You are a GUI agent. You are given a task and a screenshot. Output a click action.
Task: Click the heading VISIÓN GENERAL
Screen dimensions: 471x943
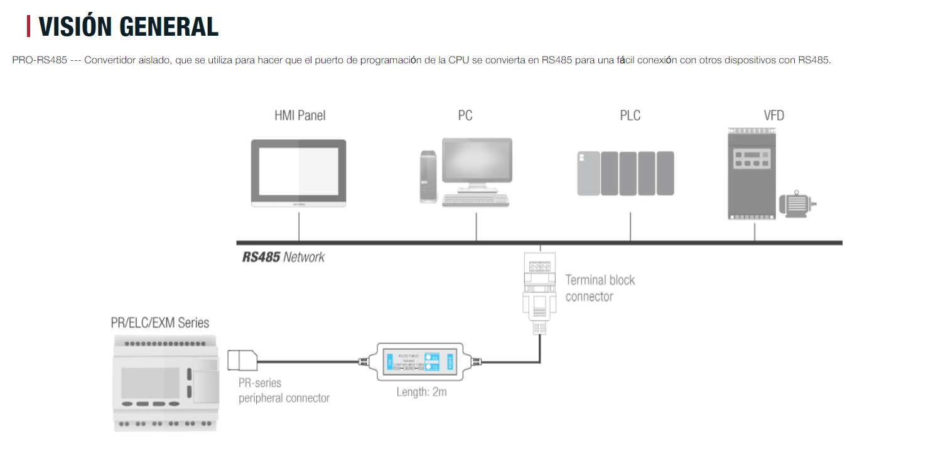[x=128, y=26]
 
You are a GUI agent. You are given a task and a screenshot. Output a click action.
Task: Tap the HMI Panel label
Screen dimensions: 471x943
[x=299, y=116]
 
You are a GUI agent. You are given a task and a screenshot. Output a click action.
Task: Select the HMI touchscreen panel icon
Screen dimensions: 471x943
[x=299, y=173]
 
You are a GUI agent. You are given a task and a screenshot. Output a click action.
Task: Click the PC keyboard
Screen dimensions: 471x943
[x=475, y=200]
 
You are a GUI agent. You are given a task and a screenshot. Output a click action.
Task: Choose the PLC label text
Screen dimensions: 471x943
[x=630, y=116]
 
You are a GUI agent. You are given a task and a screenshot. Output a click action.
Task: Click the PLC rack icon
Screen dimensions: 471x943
[x=625, y=173]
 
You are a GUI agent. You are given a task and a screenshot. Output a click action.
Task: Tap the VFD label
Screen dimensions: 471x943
[x=773, y=116]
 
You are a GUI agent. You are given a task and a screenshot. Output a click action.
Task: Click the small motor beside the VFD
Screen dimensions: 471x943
[x=796, y=204]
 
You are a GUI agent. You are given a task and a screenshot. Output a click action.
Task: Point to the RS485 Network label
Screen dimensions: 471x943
[x=284, y=257]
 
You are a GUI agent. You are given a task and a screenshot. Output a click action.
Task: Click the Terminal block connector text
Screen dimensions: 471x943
[x=600, y=288]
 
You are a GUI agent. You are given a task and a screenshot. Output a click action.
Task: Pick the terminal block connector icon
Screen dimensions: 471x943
[x=539, y=288]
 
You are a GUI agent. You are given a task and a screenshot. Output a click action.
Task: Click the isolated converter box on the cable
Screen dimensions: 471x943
[x=419, y=362]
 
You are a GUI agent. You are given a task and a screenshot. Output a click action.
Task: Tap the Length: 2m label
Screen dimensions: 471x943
[x=421, y=393]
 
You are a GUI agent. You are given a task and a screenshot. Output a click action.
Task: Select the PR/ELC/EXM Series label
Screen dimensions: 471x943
[x=159, y=323]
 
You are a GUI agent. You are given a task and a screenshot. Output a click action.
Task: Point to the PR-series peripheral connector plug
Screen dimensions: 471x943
[x=242, y=361]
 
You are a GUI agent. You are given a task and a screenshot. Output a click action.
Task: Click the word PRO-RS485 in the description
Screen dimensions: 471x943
[x=39, y=60]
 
